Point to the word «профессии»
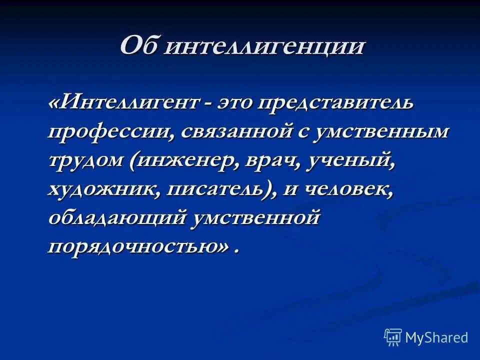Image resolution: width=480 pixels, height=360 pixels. (x=110, y=131)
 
